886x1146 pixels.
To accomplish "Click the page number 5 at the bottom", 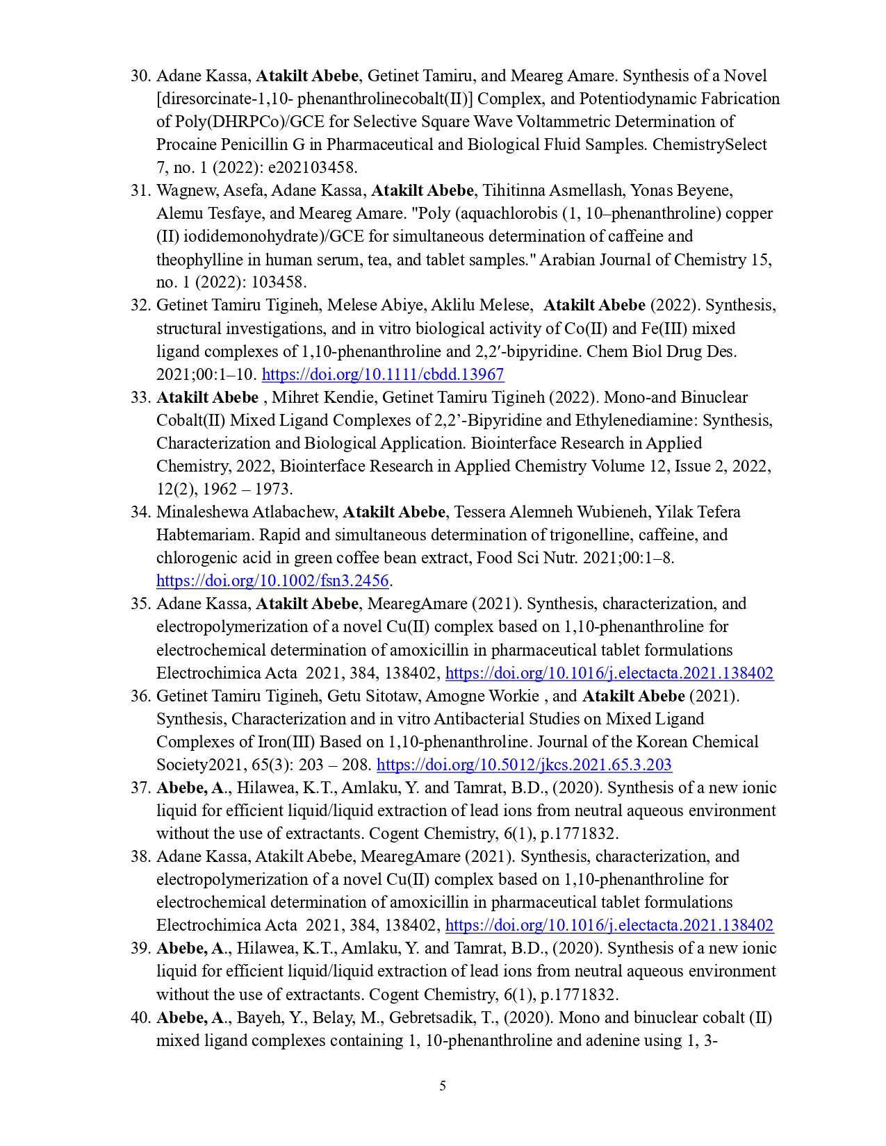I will (x=443, y=1086).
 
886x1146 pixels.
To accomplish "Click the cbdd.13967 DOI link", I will (x=382, y=374).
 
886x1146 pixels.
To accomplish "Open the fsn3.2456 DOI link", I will (x=272, y=581).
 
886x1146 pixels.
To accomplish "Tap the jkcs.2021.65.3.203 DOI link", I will (x=524, y=765).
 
